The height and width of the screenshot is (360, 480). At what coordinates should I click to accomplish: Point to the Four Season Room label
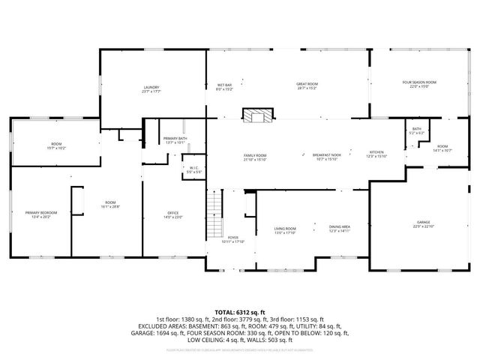pyautogui.click(x=419, y=84)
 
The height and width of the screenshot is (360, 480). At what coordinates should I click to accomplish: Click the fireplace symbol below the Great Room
pyautogui.click(x=257, y=115)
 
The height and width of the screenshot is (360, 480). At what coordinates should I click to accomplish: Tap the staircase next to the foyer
pyautogui.click(x=216, y=203)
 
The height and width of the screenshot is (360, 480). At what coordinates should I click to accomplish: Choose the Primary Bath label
pyautogui.click(x=174, y=140)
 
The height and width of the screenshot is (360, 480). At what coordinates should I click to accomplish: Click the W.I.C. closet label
pyautogui.click(x=193, y=169)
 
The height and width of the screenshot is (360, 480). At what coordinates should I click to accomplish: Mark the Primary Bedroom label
pyautogui.click(x=41, y=214)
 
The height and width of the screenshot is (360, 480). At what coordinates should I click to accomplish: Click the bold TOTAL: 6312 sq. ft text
pyautogui.click(x=240, y=310)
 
